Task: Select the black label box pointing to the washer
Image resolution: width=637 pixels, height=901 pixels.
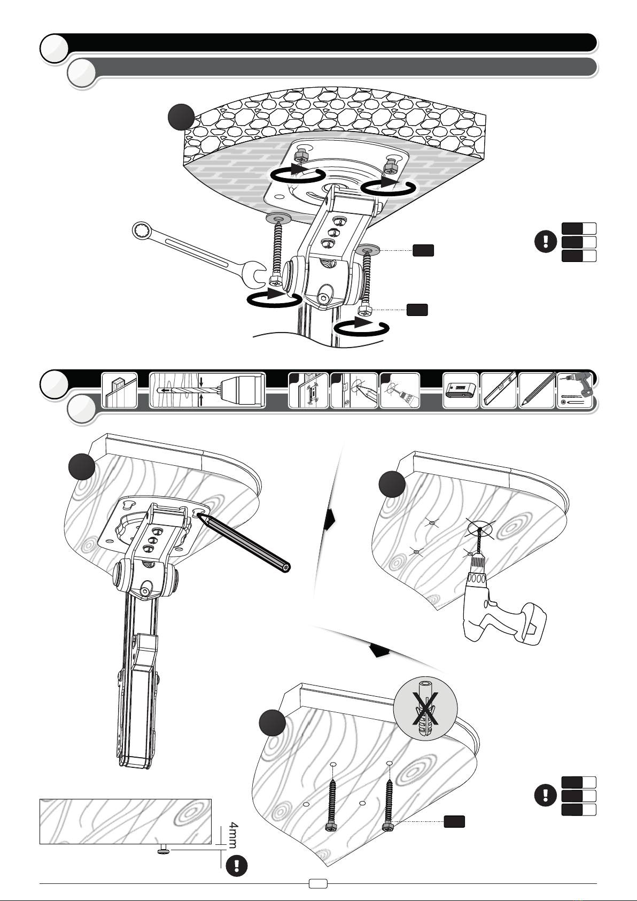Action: click(423, 250)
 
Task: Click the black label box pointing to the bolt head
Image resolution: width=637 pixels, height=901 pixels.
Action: click(417, 310)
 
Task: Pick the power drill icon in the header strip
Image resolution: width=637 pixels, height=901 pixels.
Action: click(574, 390)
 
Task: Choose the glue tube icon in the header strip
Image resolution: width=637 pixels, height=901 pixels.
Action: click(400, 390)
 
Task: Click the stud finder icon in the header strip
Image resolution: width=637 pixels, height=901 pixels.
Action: click(461, 390)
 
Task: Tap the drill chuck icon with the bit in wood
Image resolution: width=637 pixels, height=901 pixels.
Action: click(207, 390)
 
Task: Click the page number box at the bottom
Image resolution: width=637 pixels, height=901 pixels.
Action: click(318, 884)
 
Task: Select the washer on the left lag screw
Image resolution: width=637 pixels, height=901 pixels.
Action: click(278, 218)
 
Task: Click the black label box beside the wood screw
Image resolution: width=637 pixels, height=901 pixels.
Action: click(454, 822)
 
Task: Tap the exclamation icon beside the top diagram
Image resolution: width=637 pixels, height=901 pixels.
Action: click(546, 242)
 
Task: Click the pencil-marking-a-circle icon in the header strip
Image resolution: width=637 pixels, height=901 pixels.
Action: click(354, 390)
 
